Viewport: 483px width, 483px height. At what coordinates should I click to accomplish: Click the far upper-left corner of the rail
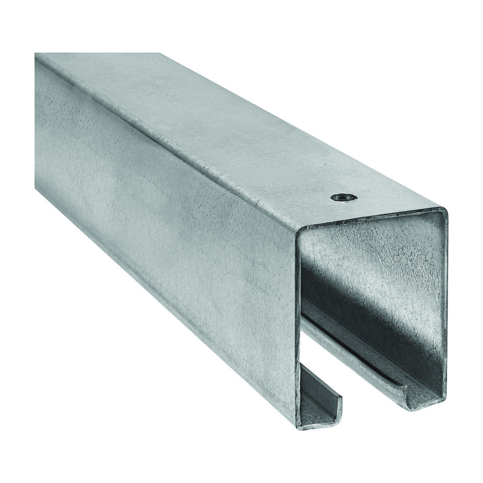tap(35, 54)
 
